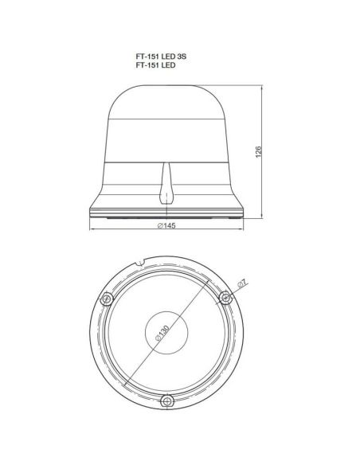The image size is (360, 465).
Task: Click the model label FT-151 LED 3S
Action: pyautogui.click(x=161, y=57)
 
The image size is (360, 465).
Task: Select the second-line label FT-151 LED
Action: pyautogui.click(x=155, y=65)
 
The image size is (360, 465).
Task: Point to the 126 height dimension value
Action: pyautogui.click(x=259, y=152)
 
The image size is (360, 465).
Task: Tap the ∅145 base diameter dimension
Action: pyautogui.click(x=166, y=225)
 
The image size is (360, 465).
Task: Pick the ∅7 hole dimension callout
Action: pyautogui.click(x=242, y=283)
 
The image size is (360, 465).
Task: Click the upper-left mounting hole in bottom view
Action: pyautogui.click(x=106, y=299)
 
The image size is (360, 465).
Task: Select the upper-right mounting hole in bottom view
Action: pyautogui.click(x=225, y=298)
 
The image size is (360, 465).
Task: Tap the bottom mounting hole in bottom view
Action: pyautogui.click(x=167, y=401)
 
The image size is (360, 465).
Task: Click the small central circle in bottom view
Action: pyautogui.click(x=166, y=333)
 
